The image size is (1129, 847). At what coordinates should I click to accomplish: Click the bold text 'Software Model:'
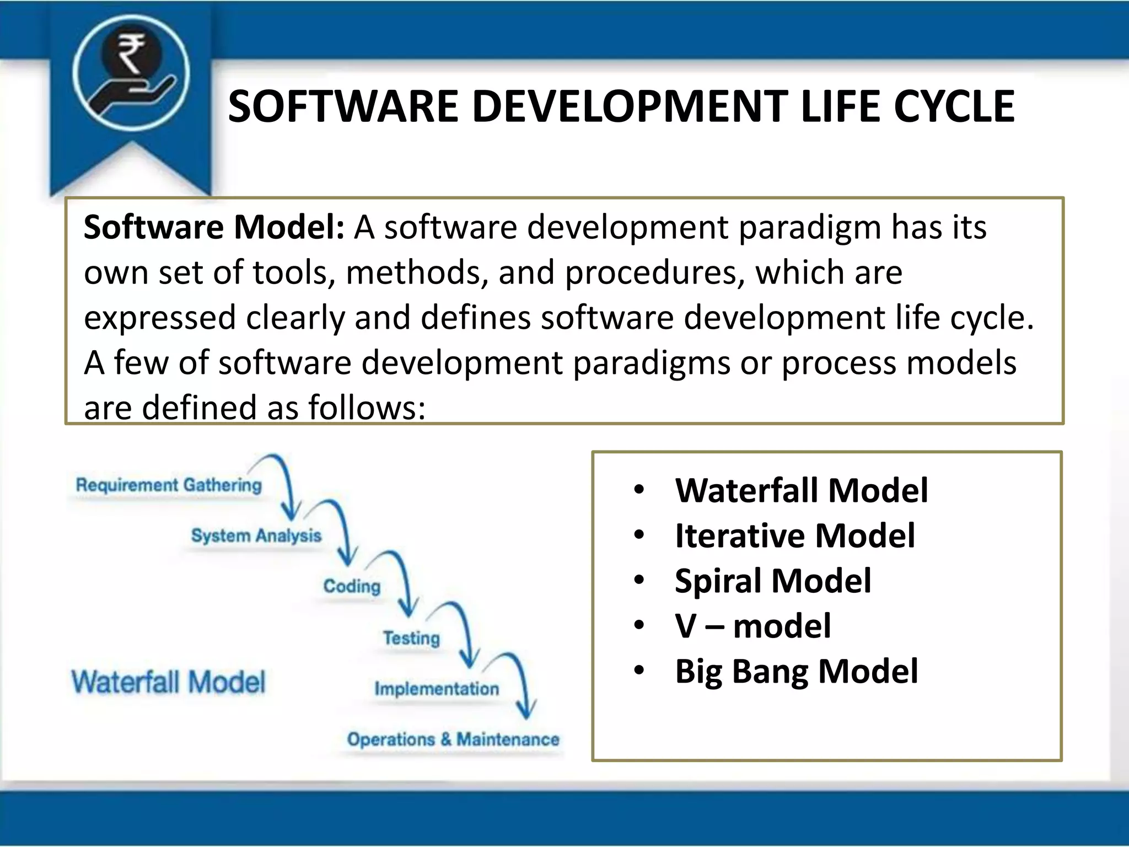pyautogui.click(x=214, y=227)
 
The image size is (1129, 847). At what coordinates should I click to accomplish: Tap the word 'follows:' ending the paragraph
pyautogui.click(x=367, y=408)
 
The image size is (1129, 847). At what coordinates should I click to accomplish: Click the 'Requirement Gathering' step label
pyautogui.click(x=169, y=485)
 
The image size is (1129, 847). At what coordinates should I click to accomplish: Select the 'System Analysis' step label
pyautogui.click(x=256, y=535)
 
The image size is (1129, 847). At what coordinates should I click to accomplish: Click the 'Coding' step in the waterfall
pyautogui.click(x=352, y=586)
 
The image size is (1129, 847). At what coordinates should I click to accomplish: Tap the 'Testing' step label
pyautogui.click(x=411, y=638)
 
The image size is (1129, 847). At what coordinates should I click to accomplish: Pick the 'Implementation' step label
pyautogui.click(x=437, y=689)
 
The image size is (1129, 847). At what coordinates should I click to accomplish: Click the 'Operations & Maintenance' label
pyautogui.click(x=453, y=739)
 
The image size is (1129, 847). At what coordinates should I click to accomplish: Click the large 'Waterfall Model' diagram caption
pyautogui.click(x=168, y=682)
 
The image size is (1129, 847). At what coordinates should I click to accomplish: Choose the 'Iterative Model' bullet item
pyautogui.click(x=794, y=535)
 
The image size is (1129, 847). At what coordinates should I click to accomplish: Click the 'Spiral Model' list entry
pyautogui.click(x=773, y=581)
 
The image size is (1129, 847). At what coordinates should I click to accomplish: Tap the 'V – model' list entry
pyautogui.click(x=752, y=626)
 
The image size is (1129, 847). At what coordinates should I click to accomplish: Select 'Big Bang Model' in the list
pyautogui.click(x=797, y=671)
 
